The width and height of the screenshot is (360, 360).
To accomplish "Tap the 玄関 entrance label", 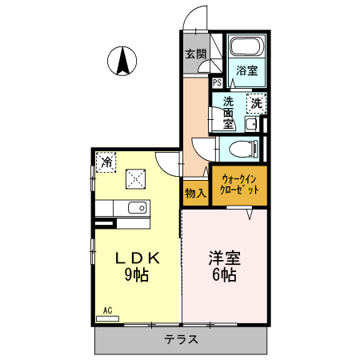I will pos(195,54).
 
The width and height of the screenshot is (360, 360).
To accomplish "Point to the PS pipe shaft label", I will pos(217,82).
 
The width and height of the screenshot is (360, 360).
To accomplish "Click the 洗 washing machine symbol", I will pos(256,102).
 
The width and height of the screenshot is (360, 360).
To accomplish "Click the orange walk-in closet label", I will pos(240,186).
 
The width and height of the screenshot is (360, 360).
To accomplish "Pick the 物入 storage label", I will pos(195,193).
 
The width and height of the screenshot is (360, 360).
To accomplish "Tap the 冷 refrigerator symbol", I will pos(106,163).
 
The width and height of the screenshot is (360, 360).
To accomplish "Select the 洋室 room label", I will pos(225,259).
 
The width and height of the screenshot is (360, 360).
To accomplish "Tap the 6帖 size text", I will pos(224,276).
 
